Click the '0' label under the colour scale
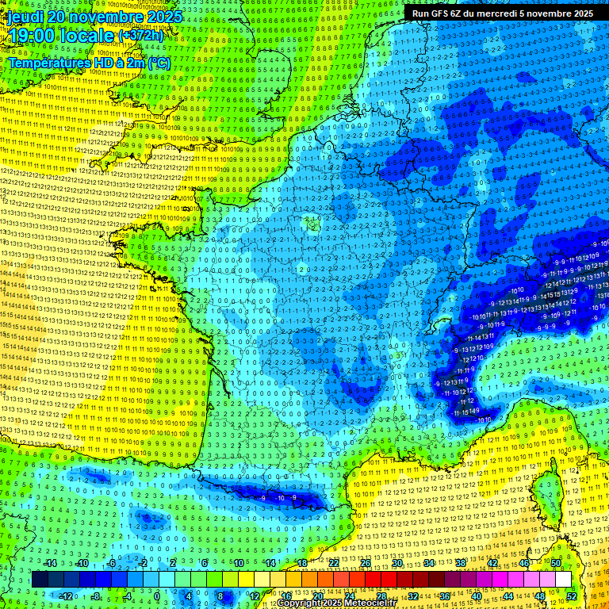(157, 596)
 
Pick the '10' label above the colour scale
(238, 563)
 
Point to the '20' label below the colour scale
(317, 596)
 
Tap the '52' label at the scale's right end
(572, 596)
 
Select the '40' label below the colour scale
(476, 596)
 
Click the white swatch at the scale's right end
(563, 580)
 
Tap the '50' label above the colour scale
(556, 563)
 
